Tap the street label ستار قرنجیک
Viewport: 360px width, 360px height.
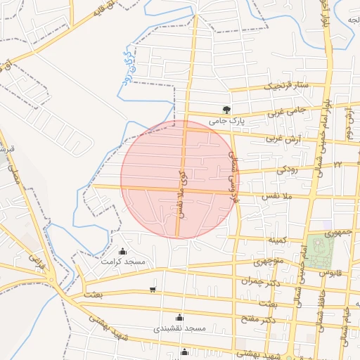coord(286,86)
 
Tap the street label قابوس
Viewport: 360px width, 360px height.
coord(330,271)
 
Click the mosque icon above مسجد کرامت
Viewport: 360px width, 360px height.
coord(124,251)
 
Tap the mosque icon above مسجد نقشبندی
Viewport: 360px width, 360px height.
coord(179,317)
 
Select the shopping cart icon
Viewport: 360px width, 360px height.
coord(153,290)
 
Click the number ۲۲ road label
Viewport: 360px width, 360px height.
coord(337,164)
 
